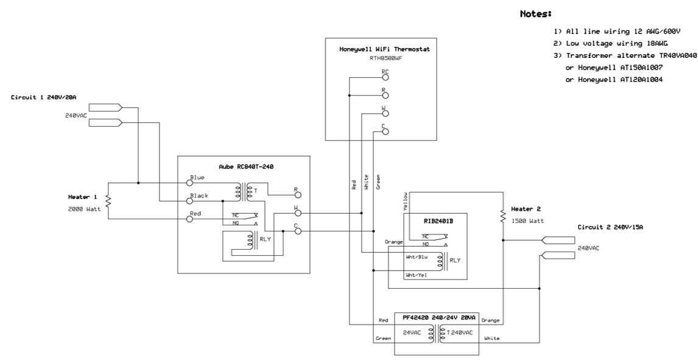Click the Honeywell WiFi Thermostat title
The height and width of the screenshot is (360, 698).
click(x=381, y=49)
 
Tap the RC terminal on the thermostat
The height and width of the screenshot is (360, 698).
click(x=385, y=77)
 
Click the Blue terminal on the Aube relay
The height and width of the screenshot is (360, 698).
click(x=189, y=182)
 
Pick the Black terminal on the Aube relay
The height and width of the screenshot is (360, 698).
click(x=189, y=200)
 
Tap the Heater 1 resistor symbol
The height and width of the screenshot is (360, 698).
click(x=108, y=200)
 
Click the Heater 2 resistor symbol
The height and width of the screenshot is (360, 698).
click(x=503, y=216)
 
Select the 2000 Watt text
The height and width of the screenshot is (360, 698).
click(x=82, y=209)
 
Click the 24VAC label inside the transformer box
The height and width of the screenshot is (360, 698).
click(x=412, y=333)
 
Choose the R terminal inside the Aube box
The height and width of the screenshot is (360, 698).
click(x=297, y=195)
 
